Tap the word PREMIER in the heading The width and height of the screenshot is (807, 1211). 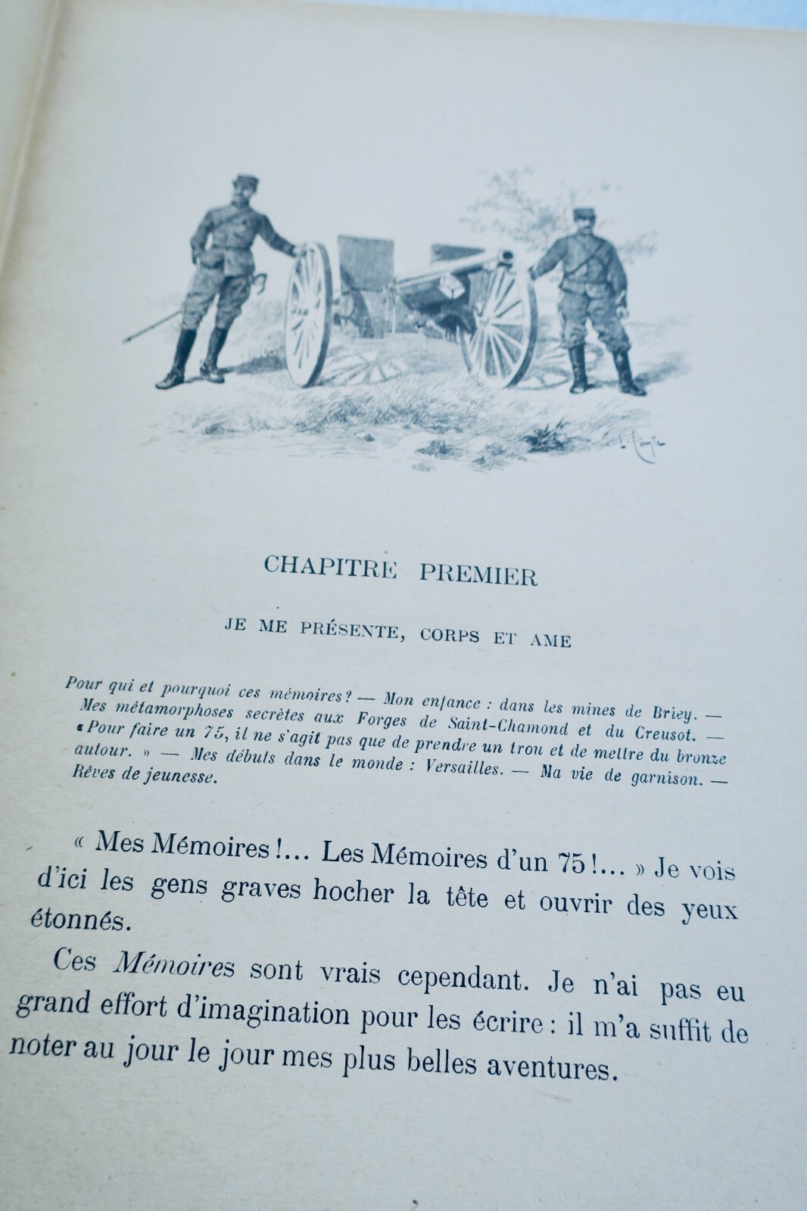478,574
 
